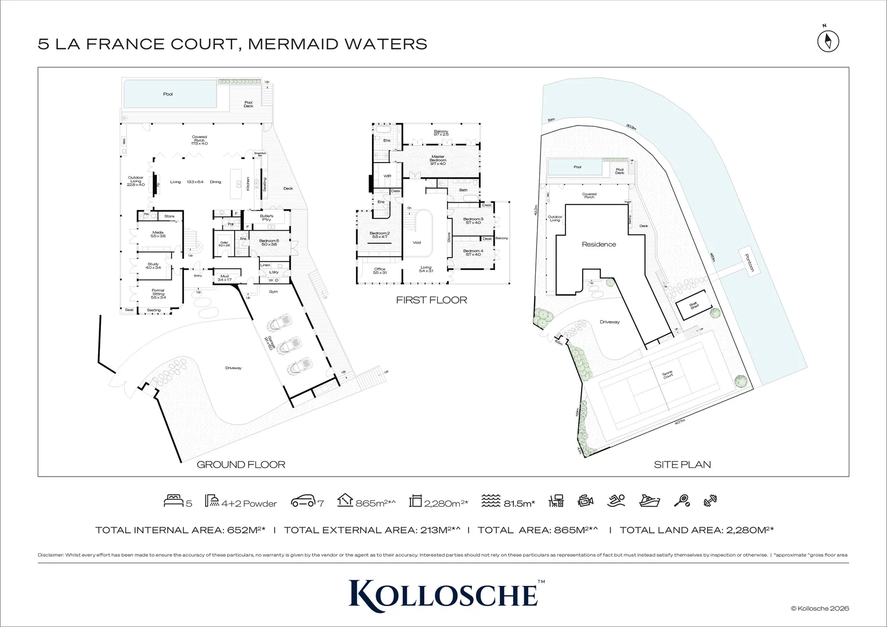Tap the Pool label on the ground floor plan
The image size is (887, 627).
pyautogui.click(x=168, y=94)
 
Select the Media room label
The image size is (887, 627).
pyautogui.click(x=158, y=234)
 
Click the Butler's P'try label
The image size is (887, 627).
pyautogui.click(x=266, y=218)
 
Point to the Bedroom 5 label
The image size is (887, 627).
pyautogui.click(x=269, y=242)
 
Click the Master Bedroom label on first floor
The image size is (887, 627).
pyautogui.click(x=438, y=161)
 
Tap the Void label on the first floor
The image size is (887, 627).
pyautogui.click(x=416, y=243)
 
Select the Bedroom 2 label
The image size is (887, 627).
pyautogui.click(x=379, y=235)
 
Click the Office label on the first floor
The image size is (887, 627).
pyautogui.click(x=380, y=271)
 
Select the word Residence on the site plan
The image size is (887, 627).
pyautogui.click(x=598, y=244)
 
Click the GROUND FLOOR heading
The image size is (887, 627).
pyautogui.click(x=241, y=464)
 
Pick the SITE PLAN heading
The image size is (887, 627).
pyautogui.click(x=682, y=464)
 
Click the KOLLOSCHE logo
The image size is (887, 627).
pyautogui.click(x=443, y=593)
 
